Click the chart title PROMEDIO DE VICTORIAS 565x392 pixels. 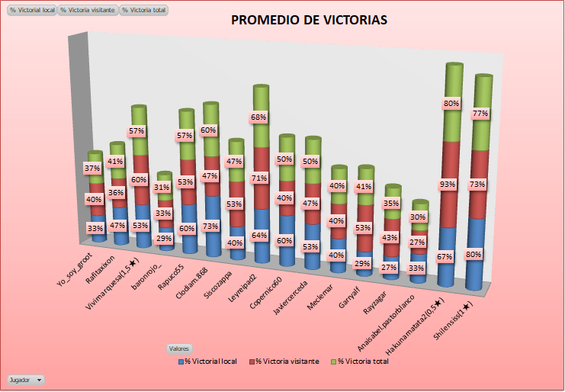309,20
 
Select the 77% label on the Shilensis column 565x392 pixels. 480,114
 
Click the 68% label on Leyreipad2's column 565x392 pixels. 259,117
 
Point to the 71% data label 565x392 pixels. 259,178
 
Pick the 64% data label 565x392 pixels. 259,235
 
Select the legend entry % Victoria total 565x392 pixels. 363,361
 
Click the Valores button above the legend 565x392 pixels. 180,348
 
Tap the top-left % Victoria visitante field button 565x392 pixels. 88,10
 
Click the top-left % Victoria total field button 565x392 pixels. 144,10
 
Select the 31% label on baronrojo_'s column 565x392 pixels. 162,188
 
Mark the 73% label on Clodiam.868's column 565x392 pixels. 211,226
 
